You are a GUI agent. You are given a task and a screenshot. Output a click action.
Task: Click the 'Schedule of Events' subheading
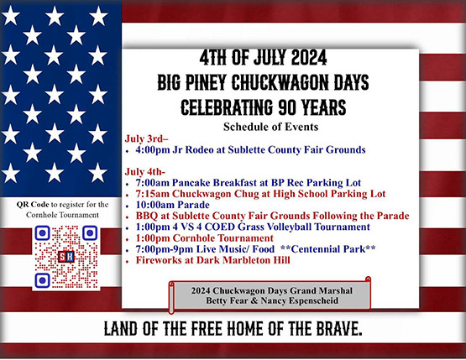click(x=270, y=127)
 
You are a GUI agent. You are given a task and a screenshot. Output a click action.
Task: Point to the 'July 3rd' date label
click(x=146, y=138)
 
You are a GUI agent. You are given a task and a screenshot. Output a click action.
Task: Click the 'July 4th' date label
click(x=144, y=172)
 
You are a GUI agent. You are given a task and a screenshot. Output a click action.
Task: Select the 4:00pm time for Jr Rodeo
click(x=153, y=149)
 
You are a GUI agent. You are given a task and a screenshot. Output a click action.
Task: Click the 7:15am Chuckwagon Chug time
click(x=153, y=194)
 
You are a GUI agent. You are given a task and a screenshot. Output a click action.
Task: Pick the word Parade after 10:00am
click(x=193, y=205)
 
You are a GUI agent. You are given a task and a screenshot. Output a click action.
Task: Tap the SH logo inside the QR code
click(x=66, y=257)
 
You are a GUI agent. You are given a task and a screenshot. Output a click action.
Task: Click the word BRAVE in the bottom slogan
click(x=339, y=329)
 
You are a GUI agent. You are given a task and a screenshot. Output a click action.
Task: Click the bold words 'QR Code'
click(x=33, y=205)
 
